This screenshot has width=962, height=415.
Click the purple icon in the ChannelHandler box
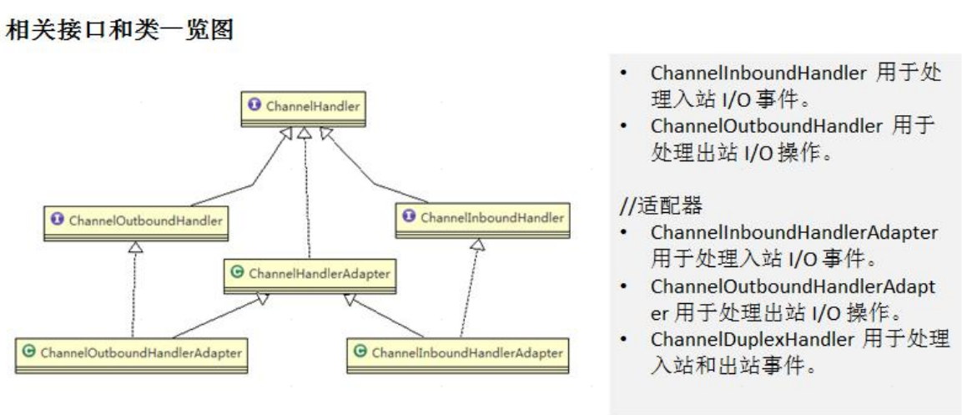(x=255, y=106)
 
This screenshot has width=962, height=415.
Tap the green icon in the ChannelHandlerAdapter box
(x=237, y=272)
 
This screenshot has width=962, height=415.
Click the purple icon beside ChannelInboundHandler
(x=409, y=217)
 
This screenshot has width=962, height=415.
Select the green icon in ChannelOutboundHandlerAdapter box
(x=30, y=352)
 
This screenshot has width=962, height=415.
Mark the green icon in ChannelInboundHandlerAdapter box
(x=360, y=352)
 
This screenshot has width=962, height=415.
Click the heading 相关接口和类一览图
(x=119, y=32)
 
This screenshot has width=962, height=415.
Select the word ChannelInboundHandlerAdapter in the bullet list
(x=793, y=231)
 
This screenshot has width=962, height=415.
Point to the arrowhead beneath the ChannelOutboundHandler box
(x=136, y=248)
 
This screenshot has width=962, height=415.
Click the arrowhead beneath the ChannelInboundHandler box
(x=477, y=245)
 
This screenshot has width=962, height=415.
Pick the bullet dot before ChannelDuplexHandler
(x=625, y=341)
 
